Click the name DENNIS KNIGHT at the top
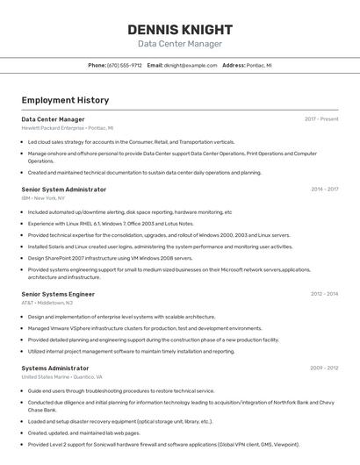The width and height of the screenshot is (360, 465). point(180,29)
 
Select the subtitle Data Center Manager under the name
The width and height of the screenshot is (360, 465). point(180,44)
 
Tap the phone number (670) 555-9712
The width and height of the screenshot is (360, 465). point(125,65)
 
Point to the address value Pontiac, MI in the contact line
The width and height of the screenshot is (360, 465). point(260,65)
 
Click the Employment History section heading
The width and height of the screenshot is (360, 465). point(65,101)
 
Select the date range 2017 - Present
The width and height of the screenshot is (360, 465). point(321,119)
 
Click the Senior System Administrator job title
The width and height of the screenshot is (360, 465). point(64,190)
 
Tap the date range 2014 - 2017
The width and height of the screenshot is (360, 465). point(324,190)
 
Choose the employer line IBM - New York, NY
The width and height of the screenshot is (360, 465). point(43,198)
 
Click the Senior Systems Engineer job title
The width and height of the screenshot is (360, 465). point(58,294)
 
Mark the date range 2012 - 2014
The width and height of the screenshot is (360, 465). point(324,294)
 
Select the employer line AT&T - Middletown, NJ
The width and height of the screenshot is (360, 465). point(47,303)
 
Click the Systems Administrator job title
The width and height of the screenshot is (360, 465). point(55,368)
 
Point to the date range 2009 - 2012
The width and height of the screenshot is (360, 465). point(324,368)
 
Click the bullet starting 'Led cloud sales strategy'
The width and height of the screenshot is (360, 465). point(131,141)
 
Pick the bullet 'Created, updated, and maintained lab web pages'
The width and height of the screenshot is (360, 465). point(83,433)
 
